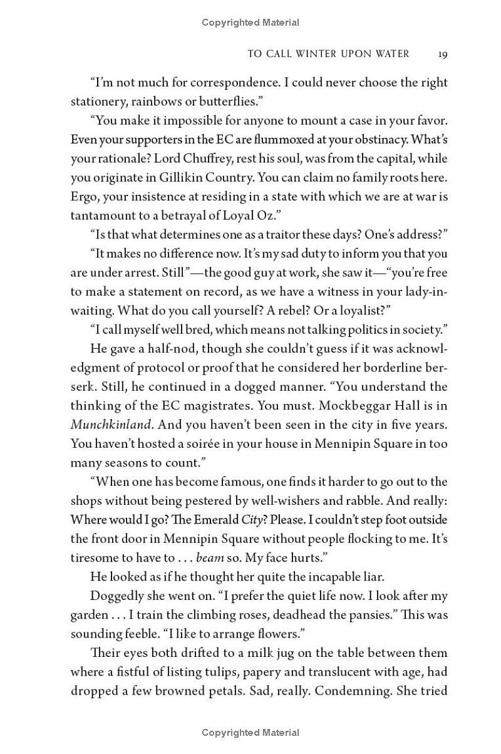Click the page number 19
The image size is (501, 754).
(442, 54)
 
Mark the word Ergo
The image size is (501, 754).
(83, 197)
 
